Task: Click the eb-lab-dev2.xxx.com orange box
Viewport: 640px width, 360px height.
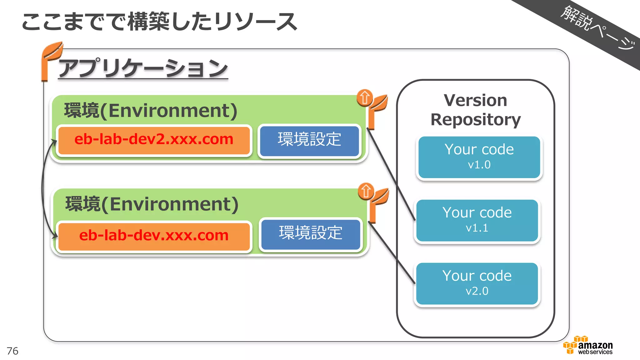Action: coord(154,140)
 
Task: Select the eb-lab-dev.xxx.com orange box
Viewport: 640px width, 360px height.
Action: coord(154,236)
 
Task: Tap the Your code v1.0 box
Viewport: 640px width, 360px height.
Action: coord(479,157)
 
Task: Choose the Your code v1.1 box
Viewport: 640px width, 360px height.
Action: coord(477,221)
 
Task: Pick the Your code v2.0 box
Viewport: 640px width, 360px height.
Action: coord(477,284)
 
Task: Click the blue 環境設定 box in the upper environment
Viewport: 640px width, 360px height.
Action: coord(309,140)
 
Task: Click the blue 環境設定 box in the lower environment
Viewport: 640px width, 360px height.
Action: coord(311,234)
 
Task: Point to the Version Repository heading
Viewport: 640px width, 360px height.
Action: coord(475,110)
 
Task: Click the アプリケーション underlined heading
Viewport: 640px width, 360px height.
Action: coord(143,69)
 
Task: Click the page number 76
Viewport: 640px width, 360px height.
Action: coord(12,351)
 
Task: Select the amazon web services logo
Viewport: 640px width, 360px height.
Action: coord(588,346)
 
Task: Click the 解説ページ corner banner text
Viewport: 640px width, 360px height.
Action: coord(597,27)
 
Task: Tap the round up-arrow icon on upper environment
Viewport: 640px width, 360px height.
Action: coord(365,98)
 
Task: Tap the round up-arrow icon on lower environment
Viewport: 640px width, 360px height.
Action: coord(366,191)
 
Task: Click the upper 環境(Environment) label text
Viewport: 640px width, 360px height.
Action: coord(151,111)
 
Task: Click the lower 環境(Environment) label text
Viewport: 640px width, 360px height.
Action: coord(152,204)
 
